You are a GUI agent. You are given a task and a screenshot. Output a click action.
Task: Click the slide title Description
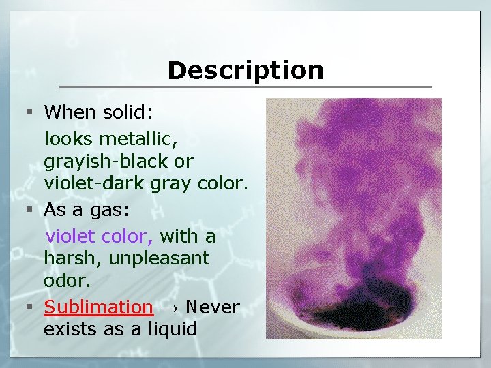point(245,70)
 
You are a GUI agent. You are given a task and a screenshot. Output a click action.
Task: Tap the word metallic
point(138,140)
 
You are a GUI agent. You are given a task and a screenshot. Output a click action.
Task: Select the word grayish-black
point(119,162)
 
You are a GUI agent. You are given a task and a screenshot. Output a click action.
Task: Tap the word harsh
point(68,259)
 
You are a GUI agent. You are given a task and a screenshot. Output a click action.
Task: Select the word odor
point(67,281)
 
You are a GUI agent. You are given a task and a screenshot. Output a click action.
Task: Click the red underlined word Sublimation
point(98,307)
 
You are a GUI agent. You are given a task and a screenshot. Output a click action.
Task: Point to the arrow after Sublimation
point(169,308)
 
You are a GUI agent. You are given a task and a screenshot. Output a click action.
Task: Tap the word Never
point(212,307)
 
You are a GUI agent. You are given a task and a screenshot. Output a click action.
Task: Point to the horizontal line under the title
point(245,87)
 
